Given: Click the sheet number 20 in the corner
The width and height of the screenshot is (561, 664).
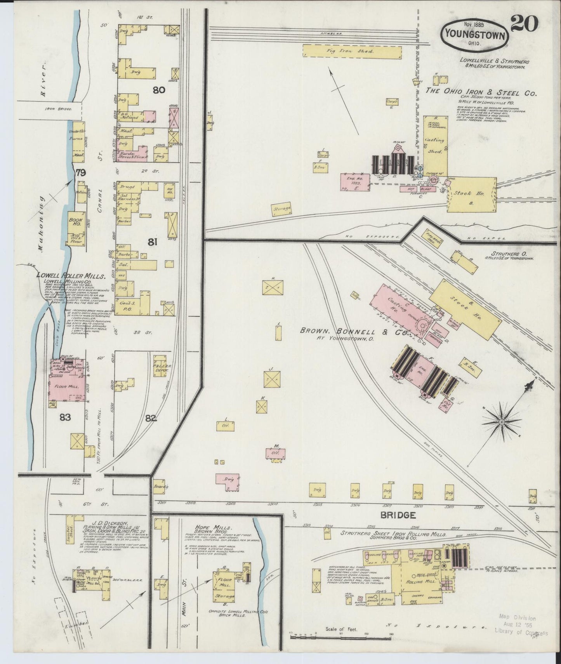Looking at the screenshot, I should tap(524, 24).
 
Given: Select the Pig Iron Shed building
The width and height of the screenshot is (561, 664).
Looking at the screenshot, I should tap(351, 51).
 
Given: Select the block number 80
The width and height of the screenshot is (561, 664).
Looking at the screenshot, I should tap(159, 90).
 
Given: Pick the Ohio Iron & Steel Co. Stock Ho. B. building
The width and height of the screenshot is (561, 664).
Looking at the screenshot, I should tap(471, 195).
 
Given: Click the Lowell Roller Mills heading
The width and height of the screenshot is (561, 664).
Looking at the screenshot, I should tap(71, 276).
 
